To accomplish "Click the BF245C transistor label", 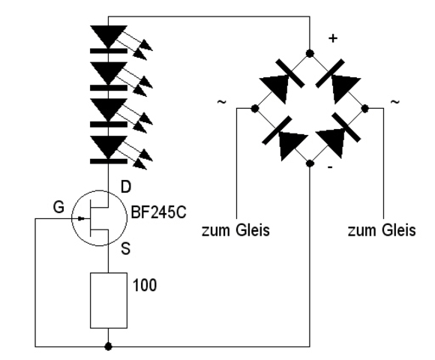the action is click(158, 213).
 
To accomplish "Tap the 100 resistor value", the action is click(145, 285).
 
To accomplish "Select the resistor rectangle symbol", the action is click(109, 300).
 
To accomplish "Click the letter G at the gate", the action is click(58, 207).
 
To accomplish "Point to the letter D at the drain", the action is click(126, 187).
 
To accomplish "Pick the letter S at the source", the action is click(126, 248).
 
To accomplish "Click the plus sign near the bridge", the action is click(333, 38).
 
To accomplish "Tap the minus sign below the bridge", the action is click(330, 167).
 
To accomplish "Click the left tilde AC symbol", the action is click(222, 102).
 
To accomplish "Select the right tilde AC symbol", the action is click(395, 102).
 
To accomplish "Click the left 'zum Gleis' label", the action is click(235, 230).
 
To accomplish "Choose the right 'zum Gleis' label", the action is click(382, 230).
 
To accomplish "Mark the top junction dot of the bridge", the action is click(310, 53).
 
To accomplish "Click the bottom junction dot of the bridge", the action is click(310, 163).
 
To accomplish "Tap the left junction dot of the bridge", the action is click(254, 108).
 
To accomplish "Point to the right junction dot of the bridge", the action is click(365, 108).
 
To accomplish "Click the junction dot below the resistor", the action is click(108, 346).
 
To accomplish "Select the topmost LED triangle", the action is click(109, 36).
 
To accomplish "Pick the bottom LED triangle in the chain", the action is click(109, 146).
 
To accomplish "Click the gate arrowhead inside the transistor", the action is click(81, 218).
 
